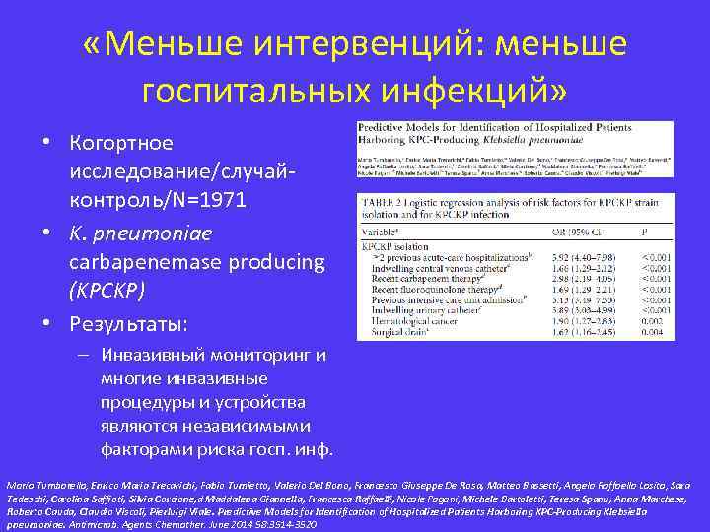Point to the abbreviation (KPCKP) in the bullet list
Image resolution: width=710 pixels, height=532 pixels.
tap(107, 291)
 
